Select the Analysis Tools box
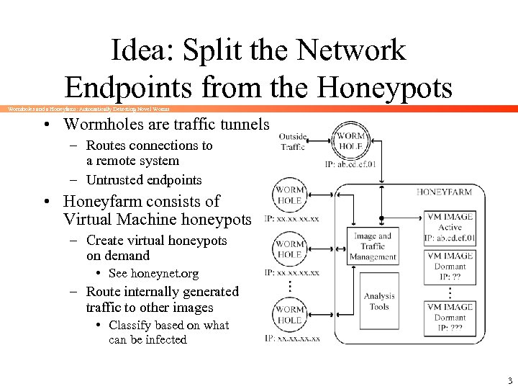pyautogui.click(x=379, y=301)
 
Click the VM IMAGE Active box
pyautogui.click(x=450, y=227)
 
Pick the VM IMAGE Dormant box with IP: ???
pyautogui.click(x=450, y=316)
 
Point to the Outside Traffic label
pyautogui.click(x=293, y=141)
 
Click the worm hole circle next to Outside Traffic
pyautogui.click(x=350, y=141)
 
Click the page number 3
pyautogui.click(x=509, y=380)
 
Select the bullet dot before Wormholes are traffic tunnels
pyautogui.click(x=45, y=124)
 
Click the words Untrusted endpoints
pyautogui.click(x=144, y=179)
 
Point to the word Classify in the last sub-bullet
pyautogui.click(x=131, y=325)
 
